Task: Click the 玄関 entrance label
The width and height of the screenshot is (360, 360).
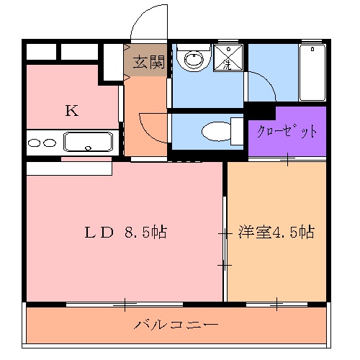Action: pos(148,62)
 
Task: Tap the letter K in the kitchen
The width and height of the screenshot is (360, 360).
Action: pos(71,110)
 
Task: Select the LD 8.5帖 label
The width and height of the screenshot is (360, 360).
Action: pos(126,232)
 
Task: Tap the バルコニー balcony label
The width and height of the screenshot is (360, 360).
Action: pos(176,325)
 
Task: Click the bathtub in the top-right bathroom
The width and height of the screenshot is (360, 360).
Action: pos(313,72)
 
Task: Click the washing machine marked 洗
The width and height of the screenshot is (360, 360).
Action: pos(228,58)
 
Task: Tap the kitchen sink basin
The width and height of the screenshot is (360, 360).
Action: pos(89,140)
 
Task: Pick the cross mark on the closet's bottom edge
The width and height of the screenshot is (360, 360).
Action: pos(287,159)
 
